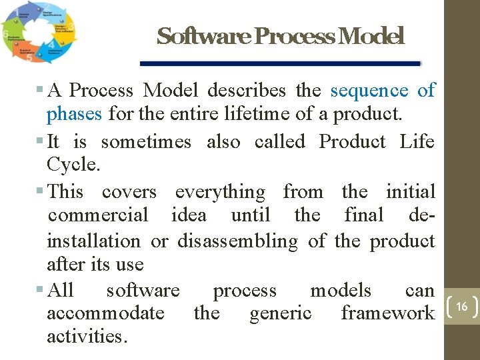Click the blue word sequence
click(x=369, y=90)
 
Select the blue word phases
click(x=74, y=113)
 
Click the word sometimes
click(x=146, y=141)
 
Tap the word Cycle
click(x=73, y=165)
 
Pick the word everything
click(x=220, y=192)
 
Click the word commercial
click(x=99, y=215)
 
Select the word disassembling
click(x=237, y=241)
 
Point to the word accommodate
click(x=106, y=313)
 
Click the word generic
click(x=280, y=313)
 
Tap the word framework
click(x=387, y=313)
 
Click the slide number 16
click(x=461, y=307)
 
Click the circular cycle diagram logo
click(x=38, y=33)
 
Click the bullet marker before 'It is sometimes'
click(x=41, y=141)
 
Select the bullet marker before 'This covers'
click(x=41, y=192)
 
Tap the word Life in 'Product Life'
click(x=417, y=141)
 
